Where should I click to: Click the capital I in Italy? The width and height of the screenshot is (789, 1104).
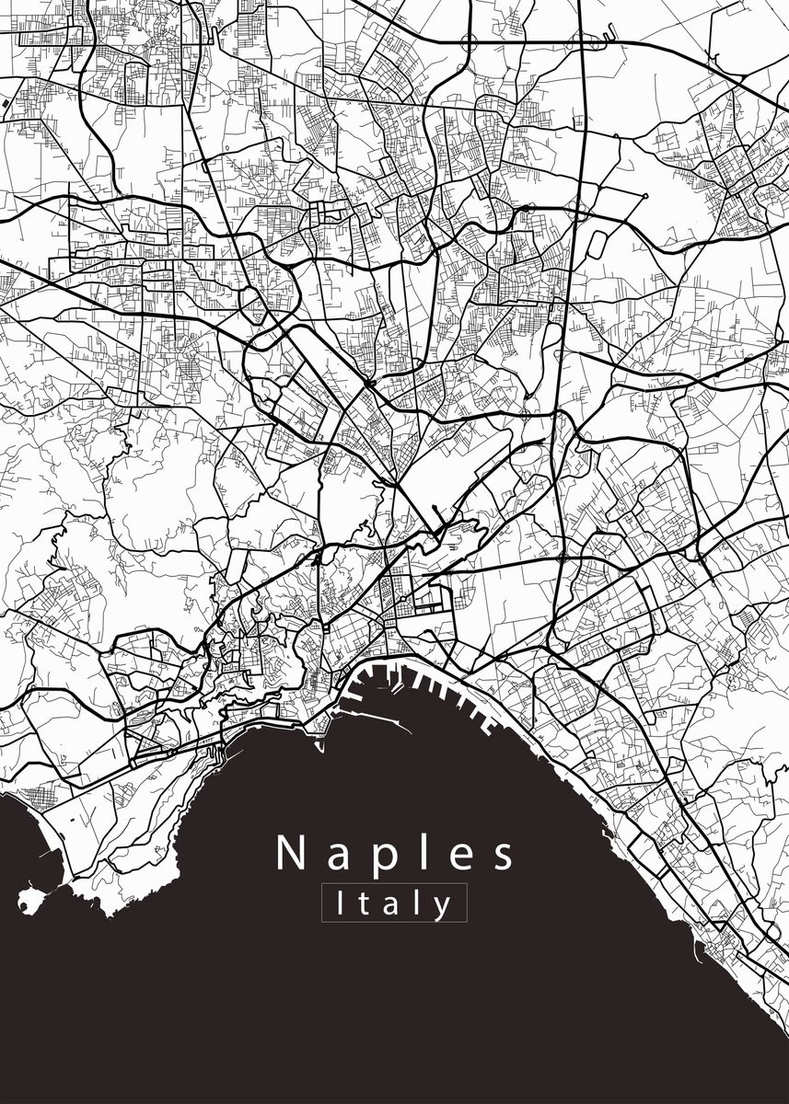pyautogui.click(x=342, y=903)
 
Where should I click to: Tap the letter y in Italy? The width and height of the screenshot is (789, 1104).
pyautogui.click(x=444, y=907)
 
